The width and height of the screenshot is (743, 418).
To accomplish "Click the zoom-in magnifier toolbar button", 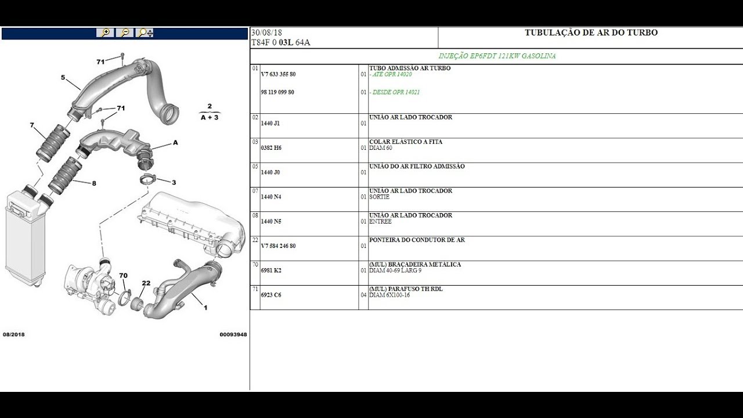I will click(x=105, y=33).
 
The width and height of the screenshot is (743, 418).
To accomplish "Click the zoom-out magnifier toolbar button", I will click(x=124, y=33).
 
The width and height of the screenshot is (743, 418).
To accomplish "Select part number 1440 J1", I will click(x=270, y=124).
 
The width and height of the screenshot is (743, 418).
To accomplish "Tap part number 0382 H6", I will click(x=270, y=148).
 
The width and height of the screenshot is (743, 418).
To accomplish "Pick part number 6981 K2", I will click(x=270, y=271).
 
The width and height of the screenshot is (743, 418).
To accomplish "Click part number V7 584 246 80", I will click(x=278, y=246).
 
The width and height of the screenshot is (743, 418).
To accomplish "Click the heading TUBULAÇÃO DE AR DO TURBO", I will click(x=591, y=33).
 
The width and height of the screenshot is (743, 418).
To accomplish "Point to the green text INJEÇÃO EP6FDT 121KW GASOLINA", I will click(x=497, y=56).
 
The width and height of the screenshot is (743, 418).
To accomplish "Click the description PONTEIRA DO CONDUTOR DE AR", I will click(x=417, y=240).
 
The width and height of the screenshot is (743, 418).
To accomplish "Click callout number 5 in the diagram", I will click(x=63, y=77).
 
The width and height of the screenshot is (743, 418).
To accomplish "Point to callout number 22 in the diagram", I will click(x=146, y=283).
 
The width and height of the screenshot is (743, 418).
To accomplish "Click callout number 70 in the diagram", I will click(x=123, y=275).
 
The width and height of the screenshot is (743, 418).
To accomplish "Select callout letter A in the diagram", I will click(x=175, y=142).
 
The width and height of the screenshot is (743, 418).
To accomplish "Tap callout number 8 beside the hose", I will click(x=94, y=183).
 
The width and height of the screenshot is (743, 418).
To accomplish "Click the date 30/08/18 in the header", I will click(x=266, y=33).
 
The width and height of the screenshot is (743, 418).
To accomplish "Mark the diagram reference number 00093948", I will click(x=233, y=334).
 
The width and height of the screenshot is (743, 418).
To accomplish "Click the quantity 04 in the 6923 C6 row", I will click(x=363, y=295).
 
